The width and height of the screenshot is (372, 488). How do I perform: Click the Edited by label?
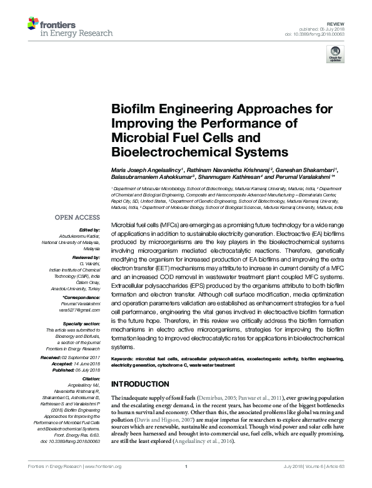coord(88,230)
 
